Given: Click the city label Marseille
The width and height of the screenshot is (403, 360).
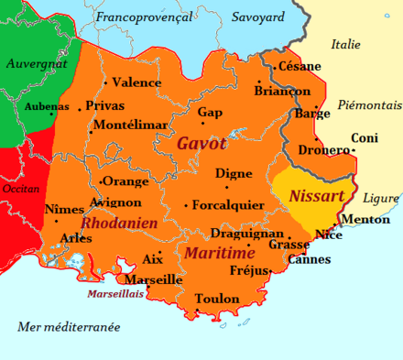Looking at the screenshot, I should (153, 279).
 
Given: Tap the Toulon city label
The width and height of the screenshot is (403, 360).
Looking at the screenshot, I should (217, 299).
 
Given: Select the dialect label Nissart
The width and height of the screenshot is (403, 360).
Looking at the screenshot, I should (316, 196).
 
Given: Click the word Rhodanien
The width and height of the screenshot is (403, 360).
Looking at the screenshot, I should (119, 223).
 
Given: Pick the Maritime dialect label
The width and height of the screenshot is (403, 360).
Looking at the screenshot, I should (220, 252).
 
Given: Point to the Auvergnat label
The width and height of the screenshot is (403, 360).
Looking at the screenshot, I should (37, 64).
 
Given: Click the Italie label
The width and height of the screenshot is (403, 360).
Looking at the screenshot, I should (346, 44).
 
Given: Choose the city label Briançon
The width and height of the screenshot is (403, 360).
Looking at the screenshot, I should (282, 92).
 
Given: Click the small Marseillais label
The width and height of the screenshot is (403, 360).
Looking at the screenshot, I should (116, 295).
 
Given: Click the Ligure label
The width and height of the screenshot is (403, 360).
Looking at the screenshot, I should (381, 199).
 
